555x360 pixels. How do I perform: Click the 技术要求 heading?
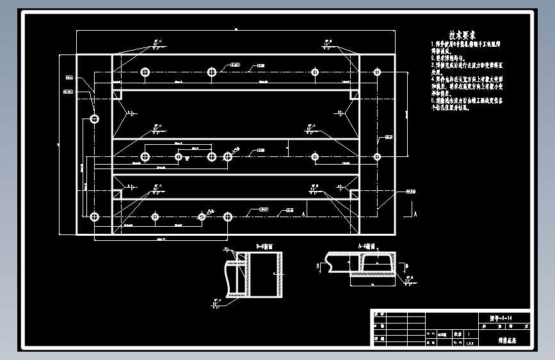(x=462, y=35)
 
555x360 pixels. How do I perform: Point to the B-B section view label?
(x=264, y=245)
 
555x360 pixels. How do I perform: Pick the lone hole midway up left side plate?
(x=95, y=119)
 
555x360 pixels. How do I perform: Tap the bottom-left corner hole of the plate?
(x=95, y=217)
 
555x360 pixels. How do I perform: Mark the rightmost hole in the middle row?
(x=377, y=156)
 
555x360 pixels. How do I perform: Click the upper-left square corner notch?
(x=117, y=94)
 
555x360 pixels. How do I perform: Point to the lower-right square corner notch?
(x=354, y=193)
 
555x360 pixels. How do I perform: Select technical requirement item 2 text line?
(x=447, y=57)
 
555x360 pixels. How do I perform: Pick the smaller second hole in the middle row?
(x=179, y=156)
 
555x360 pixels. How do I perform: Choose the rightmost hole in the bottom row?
(x=228, y=217)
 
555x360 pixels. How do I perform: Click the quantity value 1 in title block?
(x=471, y=334)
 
